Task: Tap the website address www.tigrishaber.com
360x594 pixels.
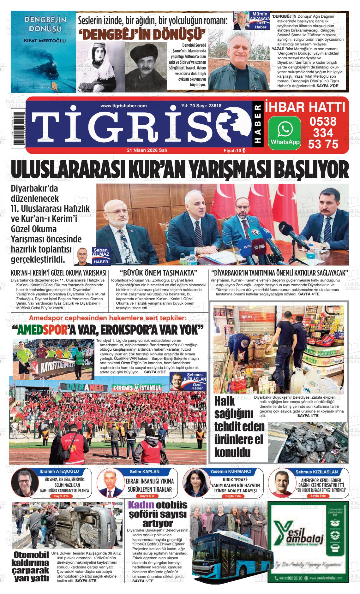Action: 123,106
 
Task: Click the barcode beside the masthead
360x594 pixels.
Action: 18,126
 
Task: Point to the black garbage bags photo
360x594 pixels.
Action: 308,439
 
